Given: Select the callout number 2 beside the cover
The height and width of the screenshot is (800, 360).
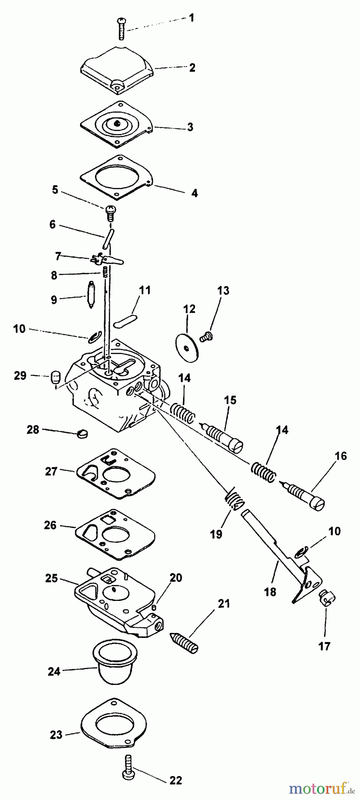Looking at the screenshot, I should (x=192, y=68).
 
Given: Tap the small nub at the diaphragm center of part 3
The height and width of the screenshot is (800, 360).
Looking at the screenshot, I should (x=116, y=123).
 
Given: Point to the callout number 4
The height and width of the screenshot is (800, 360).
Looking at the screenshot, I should (x=195, y=193).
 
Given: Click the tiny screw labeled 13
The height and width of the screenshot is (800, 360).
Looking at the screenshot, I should (x=205, y=338).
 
